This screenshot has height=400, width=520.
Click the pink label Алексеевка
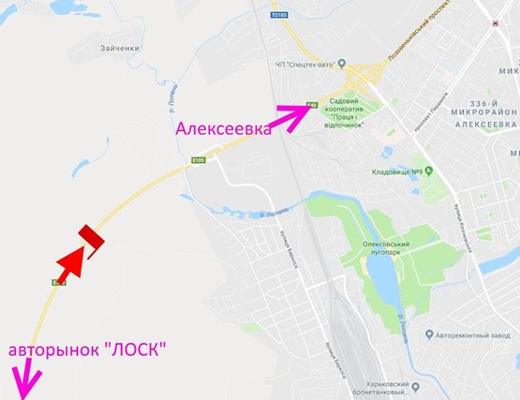coord(224,130)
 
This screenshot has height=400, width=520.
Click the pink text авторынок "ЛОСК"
coord(88,350)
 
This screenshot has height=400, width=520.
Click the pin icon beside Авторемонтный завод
coord(426,334)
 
